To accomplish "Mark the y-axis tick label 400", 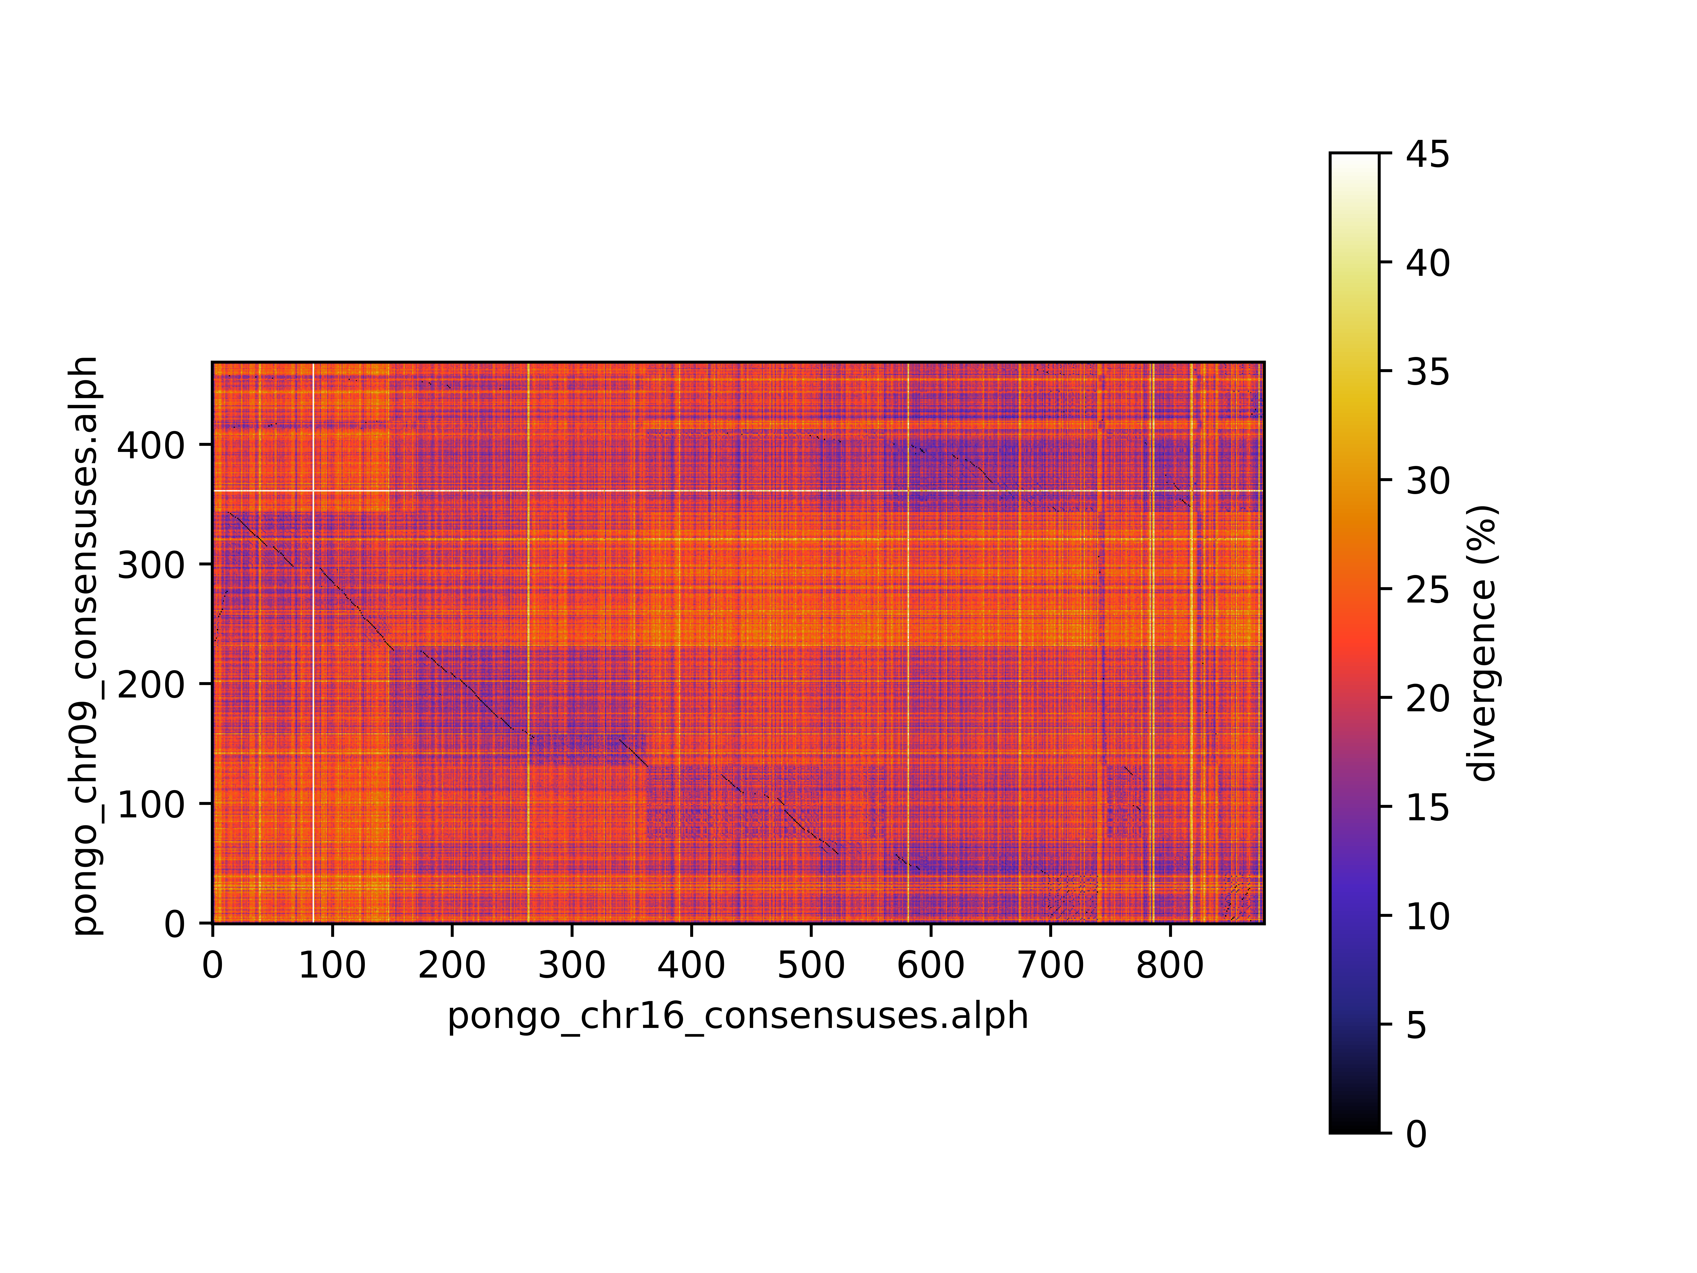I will click(x=151, y=445).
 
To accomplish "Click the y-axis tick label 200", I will click(x=151, y=685).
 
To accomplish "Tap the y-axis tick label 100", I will click(x=151, y=804).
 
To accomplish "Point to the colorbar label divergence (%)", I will click(x=1482, y=643).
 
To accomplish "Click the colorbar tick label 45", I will click(x=1428, y=154).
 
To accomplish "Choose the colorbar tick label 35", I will click(x=1428, y=372).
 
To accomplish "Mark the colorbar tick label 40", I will click(x=1428, y=263).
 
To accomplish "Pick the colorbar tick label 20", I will click(x=1428, y=698).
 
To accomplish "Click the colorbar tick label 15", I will click(x=1428, y=807).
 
